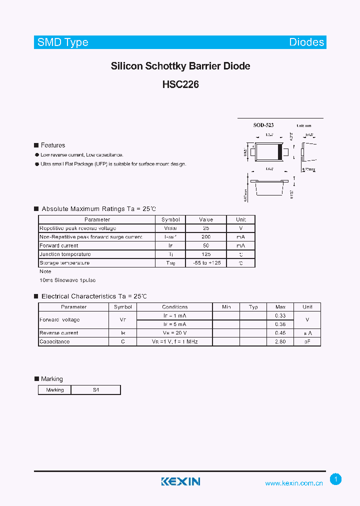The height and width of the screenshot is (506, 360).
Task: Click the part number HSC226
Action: [x=180, y=85]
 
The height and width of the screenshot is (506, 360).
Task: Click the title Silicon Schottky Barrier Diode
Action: [x=180, y=66]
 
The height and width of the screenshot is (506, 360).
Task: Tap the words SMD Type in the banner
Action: [x=63, y=42]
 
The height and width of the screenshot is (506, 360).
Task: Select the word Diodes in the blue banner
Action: [x=306, y=42]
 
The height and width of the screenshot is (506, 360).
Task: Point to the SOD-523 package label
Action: [x=263, y=125]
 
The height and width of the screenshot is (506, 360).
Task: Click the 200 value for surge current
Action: [x=205, y=237]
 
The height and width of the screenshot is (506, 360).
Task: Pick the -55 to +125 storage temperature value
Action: [x=205, y=263]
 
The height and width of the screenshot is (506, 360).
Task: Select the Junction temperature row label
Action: [x=65, y=254]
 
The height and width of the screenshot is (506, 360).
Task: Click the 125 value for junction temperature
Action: [x=205, y=254]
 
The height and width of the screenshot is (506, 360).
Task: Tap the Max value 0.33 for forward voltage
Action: [x=280, y=315]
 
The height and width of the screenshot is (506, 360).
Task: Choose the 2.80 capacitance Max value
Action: [x=280, y=342]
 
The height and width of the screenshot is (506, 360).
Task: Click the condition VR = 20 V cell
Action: [x=175, y=333]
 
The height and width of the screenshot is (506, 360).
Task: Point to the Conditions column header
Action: [x=175, y=307]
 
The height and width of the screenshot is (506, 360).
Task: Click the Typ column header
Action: [x=253, y=307]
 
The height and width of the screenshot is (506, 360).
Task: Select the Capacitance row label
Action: [x=54, y=342]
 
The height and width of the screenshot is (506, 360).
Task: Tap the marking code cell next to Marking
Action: [x=96, y=390]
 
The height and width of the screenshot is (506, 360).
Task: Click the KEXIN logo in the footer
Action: [x=180, y=481]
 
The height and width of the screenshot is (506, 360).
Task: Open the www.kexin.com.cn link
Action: [x=294, y=483]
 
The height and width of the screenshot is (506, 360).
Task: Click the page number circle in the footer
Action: [x=336, y=479]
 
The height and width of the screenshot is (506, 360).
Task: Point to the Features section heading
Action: [x=52, y=145]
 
